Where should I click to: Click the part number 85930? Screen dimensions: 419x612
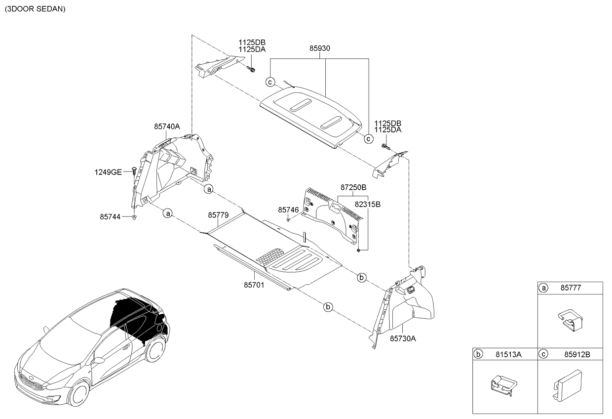tap(320, 49)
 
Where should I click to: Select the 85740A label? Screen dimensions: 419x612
tap(167, 126)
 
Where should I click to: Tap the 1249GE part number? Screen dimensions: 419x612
tap(108, 172)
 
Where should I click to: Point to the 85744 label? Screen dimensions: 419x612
tap(110, 216)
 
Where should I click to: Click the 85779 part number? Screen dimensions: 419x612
tap(218, 215)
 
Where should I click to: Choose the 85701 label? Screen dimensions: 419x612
tap(254, 285)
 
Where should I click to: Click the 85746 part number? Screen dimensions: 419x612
tap(288, 210)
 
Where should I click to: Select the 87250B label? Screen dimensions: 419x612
tap(353, 188)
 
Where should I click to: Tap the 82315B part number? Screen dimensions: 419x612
tap(367, 204)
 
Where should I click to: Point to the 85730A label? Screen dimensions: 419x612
tap(403, 338)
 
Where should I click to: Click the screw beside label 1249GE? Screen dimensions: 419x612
tap(134, 170)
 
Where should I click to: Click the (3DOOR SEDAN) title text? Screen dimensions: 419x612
tap(35, 9)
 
